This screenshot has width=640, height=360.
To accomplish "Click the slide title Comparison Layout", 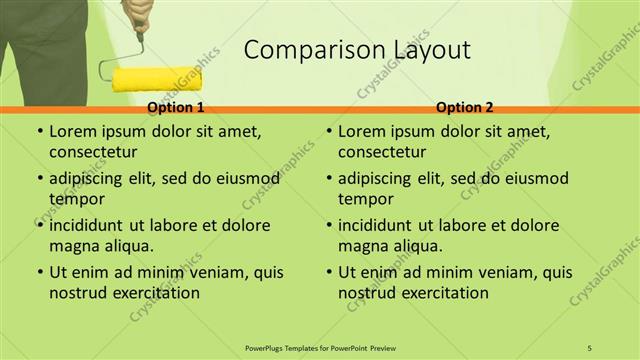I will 357,50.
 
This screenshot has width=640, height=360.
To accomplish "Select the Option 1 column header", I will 176,107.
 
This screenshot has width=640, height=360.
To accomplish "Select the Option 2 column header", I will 465,107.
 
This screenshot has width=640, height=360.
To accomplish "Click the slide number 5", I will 590,346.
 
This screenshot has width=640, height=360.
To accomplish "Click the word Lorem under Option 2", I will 362,132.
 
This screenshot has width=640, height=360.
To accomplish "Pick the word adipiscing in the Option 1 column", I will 92,179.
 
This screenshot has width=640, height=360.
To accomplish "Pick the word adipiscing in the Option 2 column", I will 381,179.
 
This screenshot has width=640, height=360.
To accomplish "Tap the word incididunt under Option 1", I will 94,225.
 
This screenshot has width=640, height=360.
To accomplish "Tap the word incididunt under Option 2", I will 383,225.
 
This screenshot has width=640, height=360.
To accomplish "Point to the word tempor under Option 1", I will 75,198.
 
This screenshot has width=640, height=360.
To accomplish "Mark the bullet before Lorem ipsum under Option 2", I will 328,132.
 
